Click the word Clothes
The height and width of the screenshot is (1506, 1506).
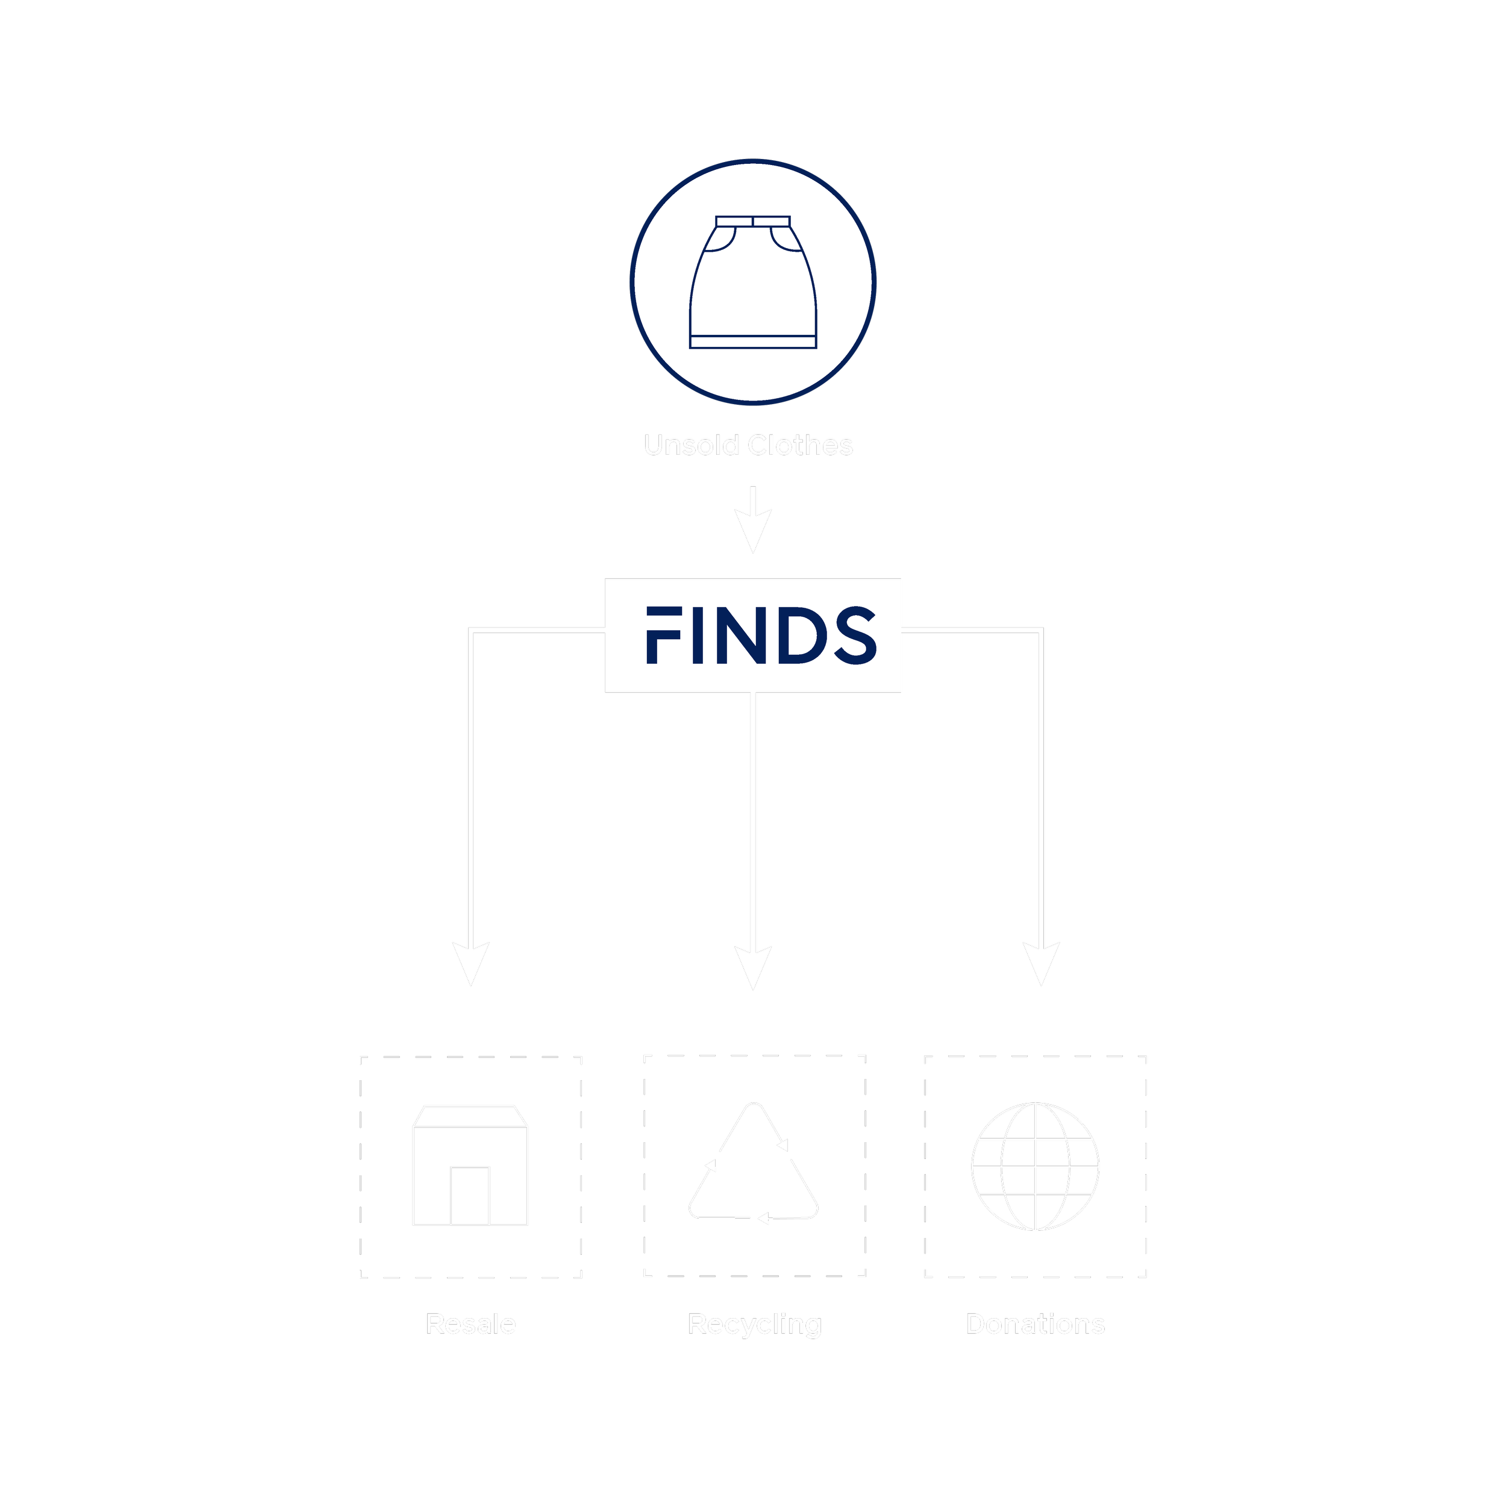coord(800,445)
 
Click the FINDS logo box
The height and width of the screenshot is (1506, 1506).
coord(753,636)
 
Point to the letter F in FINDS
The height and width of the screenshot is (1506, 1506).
coord(663,636)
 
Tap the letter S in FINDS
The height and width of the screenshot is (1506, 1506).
coord(854,636)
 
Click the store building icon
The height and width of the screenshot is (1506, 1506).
coord(470,1166)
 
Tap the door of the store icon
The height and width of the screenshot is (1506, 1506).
coord(470,1196)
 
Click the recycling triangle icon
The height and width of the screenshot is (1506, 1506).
coord(754,1166)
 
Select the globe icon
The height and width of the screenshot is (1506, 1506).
coord(1035,1166)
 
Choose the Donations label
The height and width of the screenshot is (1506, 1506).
coord(1035,1324)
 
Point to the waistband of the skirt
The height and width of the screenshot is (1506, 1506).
coord(753,221)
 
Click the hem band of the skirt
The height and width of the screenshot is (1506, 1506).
coord(753,342)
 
